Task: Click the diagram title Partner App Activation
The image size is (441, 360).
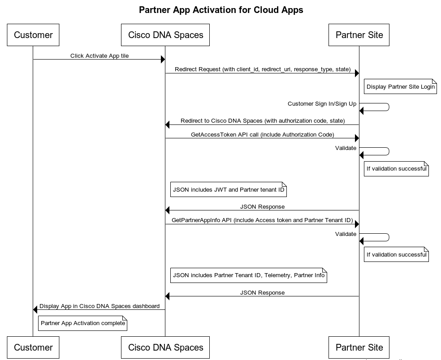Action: click(x=221, y=10)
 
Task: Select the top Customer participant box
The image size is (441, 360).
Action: click(x=33, y=35)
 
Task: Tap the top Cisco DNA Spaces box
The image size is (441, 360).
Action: click(x=165, y=35)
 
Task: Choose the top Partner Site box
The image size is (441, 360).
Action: click(x=359, y=35)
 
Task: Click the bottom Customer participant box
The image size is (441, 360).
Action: click(x=33, y=347)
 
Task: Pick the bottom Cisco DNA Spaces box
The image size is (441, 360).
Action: click(x=165, y=347)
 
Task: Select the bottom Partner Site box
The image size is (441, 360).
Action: click(x=359, y=347)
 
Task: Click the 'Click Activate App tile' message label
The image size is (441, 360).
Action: click(x=99, y=56)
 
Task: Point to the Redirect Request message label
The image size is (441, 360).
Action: click(x=263, y=69)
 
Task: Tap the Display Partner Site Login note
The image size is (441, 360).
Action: click(x=400, y=86)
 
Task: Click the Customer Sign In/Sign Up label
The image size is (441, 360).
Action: click(x=322, y=104)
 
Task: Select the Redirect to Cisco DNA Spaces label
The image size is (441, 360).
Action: click(x=263, y=120)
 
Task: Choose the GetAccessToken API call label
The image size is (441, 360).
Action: click(x=263, y=134)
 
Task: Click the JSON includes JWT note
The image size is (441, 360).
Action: click(x=229, y=189)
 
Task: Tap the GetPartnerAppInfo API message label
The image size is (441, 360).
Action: click(x=263, y=220)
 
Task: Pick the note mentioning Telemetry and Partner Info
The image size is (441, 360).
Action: click(x=249, y=275)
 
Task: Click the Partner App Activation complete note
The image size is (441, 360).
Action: click(x=82, y=323)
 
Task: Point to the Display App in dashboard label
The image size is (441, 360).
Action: click(x=99, y=306)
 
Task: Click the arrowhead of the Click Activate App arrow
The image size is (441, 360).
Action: click(x=163, y=59)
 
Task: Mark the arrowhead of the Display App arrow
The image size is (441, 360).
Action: click(x=35, y=310)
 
